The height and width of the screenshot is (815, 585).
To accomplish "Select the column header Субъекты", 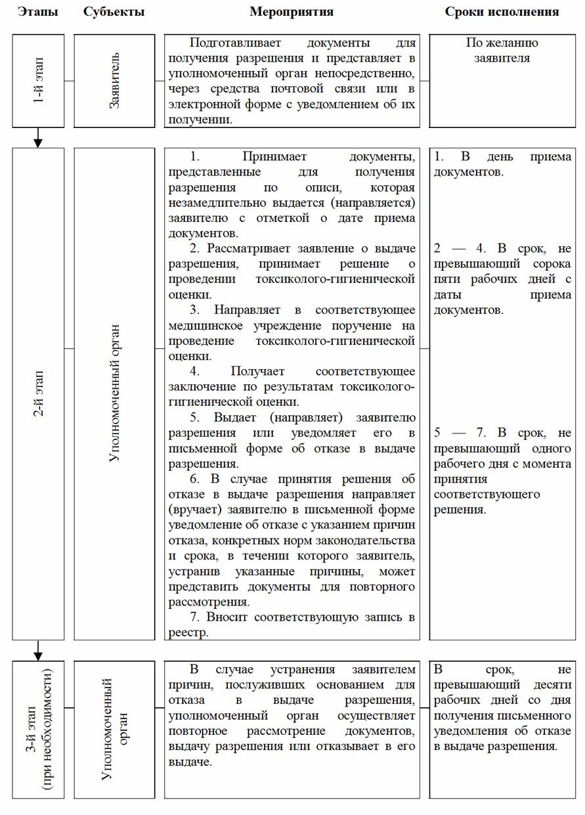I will coord(114,12).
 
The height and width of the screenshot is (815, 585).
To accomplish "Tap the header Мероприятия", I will coord(292,12).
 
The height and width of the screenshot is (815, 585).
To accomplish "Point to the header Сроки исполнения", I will coord(502,12).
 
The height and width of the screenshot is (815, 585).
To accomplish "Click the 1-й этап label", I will coord(38,81).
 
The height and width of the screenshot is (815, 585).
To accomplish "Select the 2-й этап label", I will coord(38,393).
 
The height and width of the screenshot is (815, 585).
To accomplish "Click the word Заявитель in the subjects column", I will coord(115,81).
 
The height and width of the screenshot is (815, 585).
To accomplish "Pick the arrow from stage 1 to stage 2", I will coord(38,138).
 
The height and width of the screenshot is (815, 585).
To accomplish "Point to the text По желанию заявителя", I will coord(502,51).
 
